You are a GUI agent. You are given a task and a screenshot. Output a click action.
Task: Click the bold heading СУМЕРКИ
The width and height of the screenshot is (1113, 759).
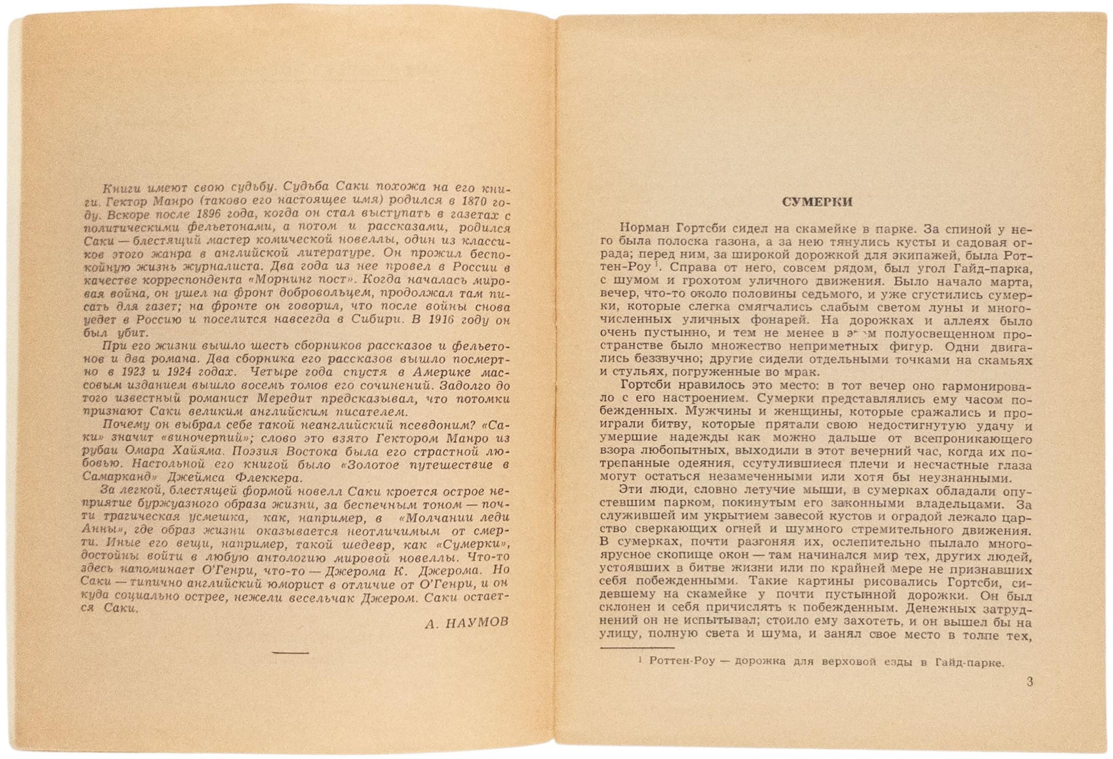[817, 202]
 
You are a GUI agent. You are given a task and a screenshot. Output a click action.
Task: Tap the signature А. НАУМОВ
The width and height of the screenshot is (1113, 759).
[467, 623]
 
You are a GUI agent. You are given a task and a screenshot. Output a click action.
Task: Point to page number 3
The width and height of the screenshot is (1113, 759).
[1030, 682]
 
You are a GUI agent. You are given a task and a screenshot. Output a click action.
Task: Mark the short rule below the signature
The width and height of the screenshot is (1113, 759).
[290, 652]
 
